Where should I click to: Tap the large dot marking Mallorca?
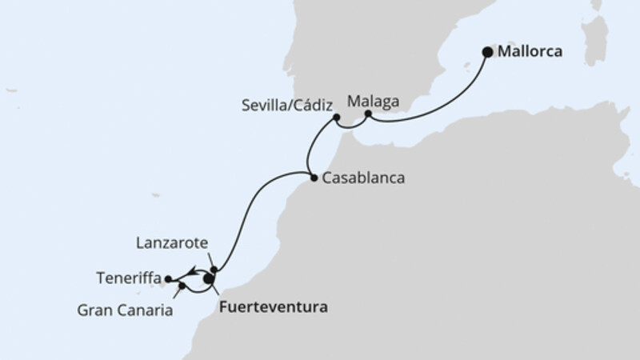click(x=488, y=53)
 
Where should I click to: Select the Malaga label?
click(x=374, y=102)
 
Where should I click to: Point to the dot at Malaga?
click(x=367, y=114)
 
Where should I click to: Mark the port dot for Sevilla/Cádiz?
click(x=337, y=118)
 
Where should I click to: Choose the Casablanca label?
click(x=362, y=179)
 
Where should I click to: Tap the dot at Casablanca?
click(x=313, y=178)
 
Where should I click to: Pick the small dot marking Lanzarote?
click(x=214, y=269)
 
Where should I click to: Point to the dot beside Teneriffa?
click(x=168, y=279)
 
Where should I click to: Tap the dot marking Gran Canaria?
click(x=183, y=286)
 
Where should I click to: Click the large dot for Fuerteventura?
click(x=209, y=279)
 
